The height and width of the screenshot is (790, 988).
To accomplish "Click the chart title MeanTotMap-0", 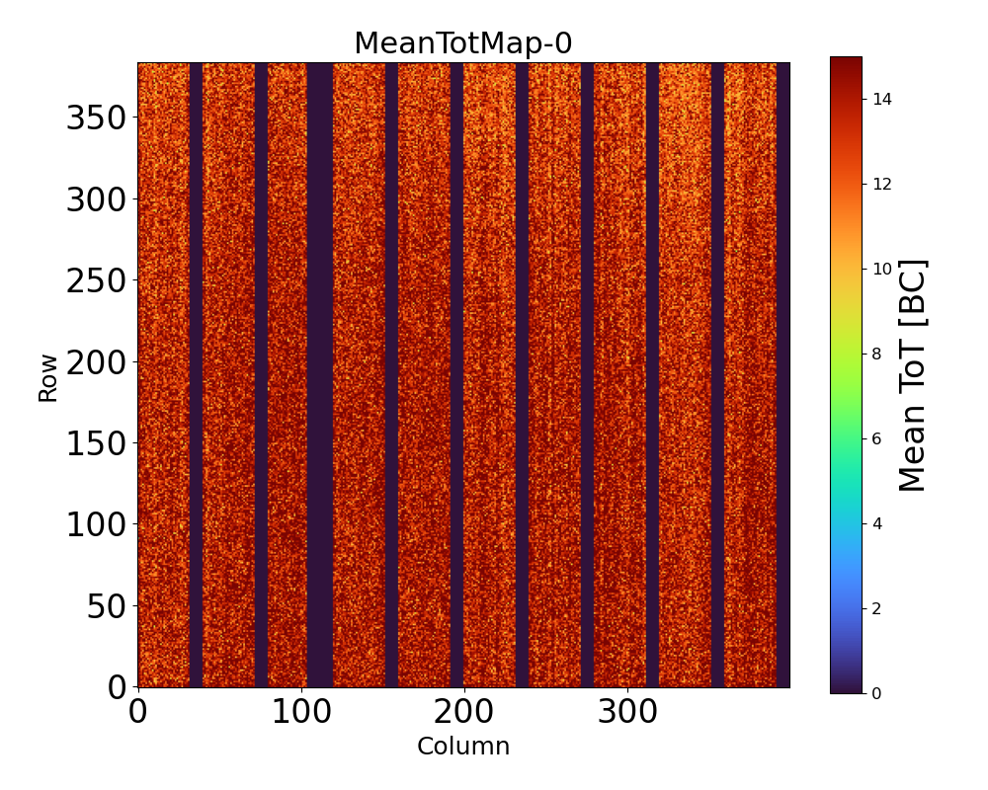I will point(463,43).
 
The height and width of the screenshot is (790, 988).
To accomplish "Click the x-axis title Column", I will point(463,747).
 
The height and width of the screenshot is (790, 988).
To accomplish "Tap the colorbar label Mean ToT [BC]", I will point(913,375).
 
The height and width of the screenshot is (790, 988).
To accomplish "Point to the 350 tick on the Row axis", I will point(99,118).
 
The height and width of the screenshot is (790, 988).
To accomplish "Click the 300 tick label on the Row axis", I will point(99,200).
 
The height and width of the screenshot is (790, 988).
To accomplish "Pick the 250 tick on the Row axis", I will point(99,281).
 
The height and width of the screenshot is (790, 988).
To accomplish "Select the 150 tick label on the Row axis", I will point(99,443).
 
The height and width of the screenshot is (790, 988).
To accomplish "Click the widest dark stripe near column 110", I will point(320,375).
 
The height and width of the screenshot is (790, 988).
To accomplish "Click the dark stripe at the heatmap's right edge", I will point(782,375).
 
